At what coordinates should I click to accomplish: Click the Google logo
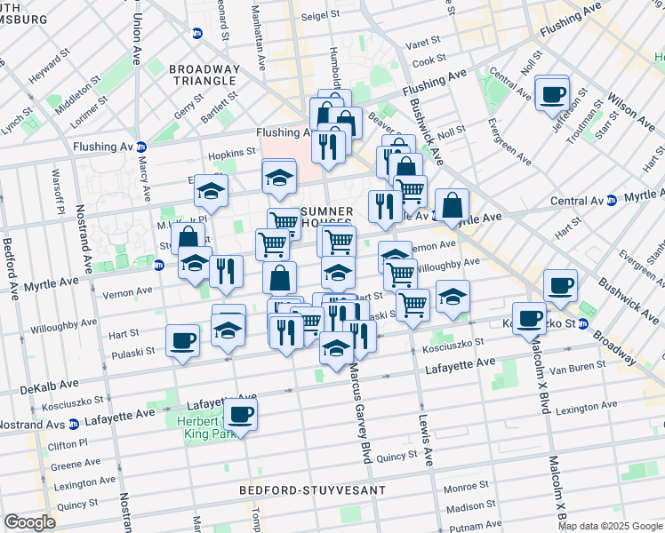point(29,522)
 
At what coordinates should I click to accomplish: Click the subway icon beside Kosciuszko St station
point(583,324)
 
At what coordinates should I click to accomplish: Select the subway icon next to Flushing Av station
point(142,147)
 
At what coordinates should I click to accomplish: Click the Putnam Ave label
point(468,526)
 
